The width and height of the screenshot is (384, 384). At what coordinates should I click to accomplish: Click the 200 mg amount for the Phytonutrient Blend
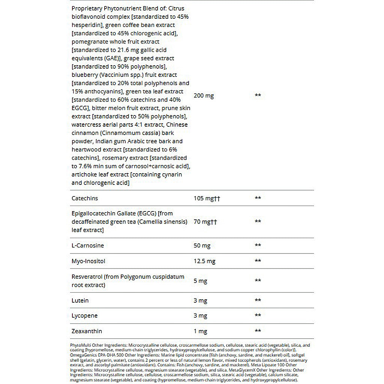pyautogui.click(x=204, y=96)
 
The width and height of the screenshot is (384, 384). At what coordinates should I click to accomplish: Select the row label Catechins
pyautogui.click(x=84, y=198)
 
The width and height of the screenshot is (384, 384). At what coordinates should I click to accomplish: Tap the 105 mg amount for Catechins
pyautogui.click(x=207, y=198)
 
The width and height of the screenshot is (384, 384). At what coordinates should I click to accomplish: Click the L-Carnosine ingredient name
pyautogui.click(x=88, y=246)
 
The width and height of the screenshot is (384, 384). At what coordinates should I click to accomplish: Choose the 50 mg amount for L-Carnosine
pyautogui.click(x=202, y=246)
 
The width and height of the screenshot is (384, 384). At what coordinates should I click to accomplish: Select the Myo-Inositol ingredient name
pyautogui.click(x=88, y=261)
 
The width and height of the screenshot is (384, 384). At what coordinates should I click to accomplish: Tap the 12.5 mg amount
pyautogui.click(x=204, y=261)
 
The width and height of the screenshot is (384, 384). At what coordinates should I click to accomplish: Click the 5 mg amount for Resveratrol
pyautogui.click(x=201, y=280)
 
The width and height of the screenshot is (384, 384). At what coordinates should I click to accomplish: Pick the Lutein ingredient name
pyautogui.click(x=80, y=300)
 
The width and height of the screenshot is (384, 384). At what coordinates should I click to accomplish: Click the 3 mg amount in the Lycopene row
pyautogui.click(x=201, y=316)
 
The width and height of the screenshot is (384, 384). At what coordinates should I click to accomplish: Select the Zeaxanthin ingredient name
pyautogui.click(x=87, y=331)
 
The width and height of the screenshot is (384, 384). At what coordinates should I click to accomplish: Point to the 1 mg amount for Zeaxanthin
pyautogui.click(x=200, y=331)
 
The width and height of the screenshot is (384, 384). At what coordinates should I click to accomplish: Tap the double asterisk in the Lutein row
pyautogui.click(x=258, y=300)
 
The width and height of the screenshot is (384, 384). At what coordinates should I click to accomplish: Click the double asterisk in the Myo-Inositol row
pyautogui.click(x=258, y=261)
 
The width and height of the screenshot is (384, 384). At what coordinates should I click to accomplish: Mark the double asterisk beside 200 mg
pyautogui.click(x=258, y=96)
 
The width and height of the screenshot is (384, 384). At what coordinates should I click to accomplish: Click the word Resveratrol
pyautogui.click(x=87, y=277)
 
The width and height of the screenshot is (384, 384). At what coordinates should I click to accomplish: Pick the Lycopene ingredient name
pyautogui.click(x=84, y=316)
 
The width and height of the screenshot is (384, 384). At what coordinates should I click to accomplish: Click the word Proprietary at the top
pyautogui.click(x=86, y=8)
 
